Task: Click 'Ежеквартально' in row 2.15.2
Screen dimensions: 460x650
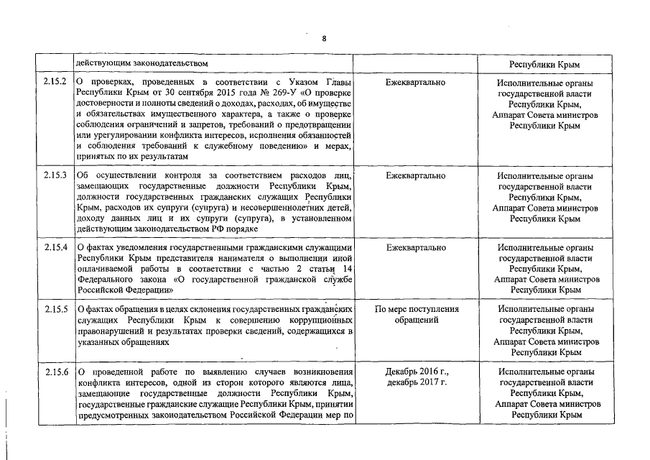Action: coord(415,83)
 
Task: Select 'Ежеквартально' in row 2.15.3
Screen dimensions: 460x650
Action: coord(415,175)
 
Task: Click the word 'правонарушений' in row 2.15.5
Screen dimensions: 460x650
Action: coord(111,331)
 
